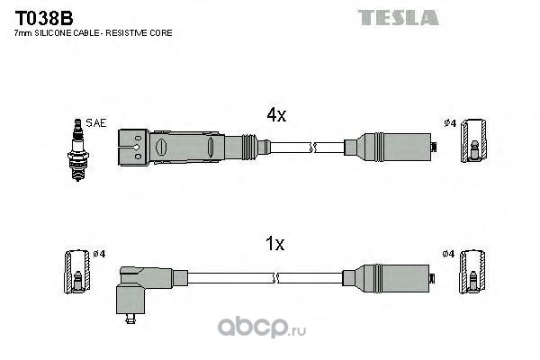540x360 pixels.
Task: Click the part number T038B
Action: [44, 18]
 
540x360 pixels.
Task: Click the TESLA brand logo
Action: [399, 18]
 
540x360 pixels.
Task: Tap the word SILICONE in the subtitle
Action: [58, 33]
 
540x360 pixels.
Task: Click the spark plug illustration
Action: [78, 150]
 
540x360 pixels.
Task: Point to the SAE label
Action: [96, 123]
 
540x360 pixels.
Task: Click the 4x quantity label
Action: [276, 114]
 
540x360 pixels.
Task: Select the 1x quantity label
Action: [274, 244]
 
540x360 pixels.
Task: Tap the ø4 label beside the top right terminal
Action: [450, 123]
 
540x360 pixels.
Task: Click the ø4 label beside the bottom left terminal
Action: [99, 254]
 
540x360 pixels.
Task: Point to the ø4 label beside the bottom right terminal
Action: [448, 254]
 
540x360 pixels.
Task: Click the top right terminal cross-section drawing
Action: [474, 140]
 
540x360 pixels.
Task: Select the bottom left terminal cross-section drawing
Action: [77, 272]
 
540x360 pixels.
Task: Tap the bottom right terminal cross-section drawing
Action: [472, 272]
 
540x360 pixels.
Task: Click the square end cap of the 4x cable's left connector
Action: [133, 148]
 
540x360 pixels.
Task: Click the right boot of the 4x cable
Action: [391, 147]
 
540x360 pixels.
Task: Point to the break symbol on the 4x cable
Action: [312, 148]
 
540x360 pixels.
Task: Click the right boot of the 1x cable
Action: [389, 278]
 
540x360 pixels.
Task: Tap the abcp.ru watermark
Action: [262, 328]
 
